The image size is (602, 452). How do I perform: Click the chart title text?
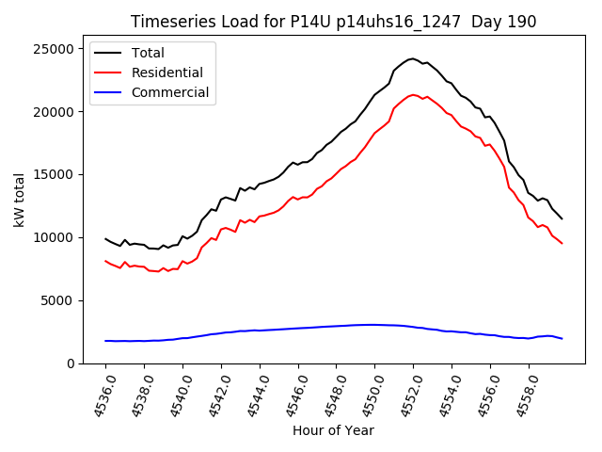point(334,22)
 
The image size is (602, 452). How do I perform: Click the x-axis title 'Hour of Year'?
point(333,430)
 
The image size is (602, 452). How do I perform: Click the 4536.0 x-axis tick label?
point(99,395)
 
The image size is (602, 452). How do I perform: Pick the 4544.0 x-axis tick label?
point(253,395)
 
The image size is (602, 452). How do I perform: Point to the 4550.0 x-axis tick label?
point(368,395)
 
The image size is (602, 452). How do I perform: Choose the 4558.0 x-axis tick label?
point(522,395)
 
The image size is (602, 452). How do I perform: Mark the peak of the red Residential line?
point(413,95)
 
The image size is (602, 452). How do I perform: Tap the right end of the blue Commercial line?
point(562,338)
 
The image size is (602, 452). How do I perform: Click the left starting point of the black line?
point(105,238)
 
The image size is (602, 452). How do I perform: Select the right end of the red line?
point(562,244)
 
